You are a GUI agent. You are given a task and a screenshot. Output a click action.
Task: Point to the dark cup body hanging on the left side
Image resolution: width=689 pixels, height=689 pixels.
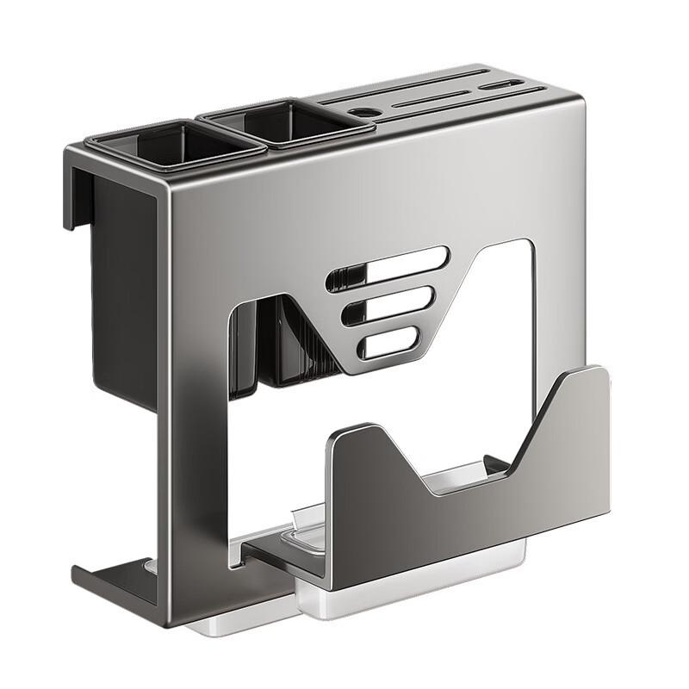coord(121,284)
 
